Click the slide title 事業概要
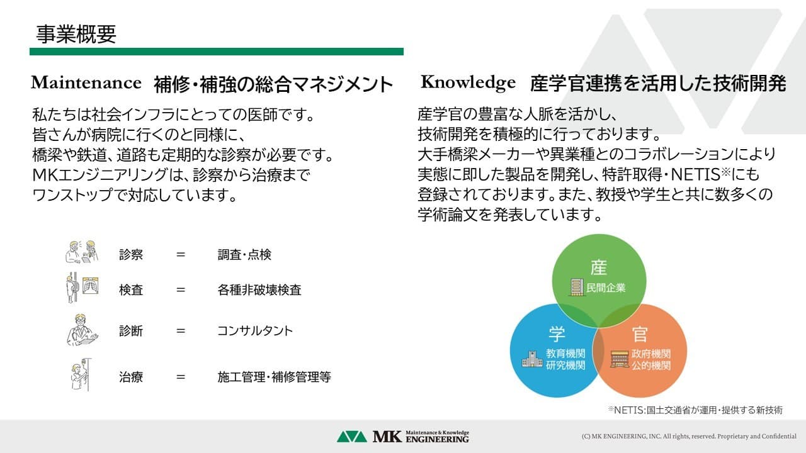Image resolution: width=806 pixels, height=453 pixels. coord(76,35)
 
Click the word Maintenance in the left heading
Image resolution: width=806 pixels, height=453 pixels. coord(86,82)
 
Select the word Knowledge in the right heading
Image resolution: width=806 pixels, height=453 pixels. coord(468,82)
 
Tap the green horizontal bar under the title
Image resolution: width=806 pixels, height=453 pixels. coord(216,52)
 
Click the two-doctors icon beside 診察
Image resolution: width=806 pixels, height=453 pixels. coord(82,252)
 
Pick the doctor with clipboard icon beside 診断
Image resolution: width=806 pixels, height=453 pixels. coord(82,330)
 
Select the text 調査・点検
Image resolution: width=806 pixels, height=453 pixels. coord(244,255)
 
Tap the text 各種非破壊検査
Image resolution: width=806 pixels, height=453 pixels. coord(259,290)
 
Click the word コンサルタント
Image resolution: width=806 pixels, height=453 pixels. coord(255,331)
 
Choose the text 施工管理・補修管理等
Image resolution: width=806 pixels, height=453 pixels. coord(274,377)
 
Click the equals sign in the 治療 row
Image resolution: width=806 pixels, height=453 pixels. coord(181,377)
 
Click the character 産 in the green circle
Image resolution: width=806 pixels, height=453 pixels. coord(598,267)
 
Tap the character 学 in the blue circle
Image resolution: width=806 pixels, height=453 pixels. coord(557,334)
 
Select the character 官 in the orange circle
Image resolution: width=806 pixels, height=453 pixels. coord(640,334)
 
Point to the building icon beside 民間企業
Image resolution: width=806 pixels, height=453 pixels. coord(576,288)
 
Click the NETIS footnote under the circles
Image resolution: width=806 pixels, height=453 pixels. coord(695,410)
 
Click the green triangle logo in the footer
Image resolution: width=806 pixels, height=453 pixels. coord(351,437)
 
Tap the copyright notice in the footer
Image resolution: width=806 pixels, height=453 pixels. coord(689,437)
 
